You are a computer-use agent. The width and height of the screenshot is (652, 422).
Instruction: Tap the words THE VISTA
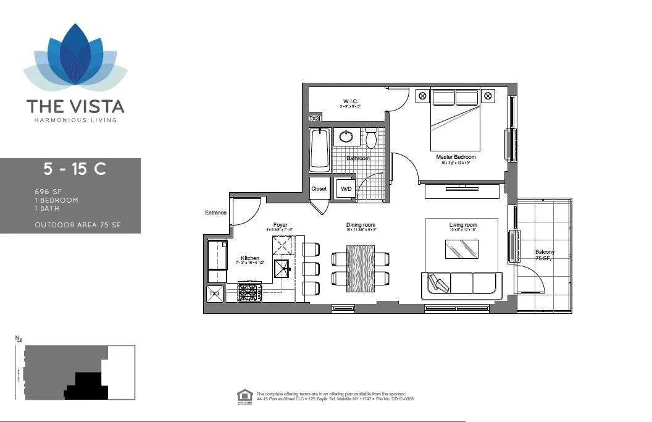75,106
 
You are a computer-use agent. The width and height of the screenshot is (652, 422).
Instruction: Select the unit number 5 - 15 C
75,169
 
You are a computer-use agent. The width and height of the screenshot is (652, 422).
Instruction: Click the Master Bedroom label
456,157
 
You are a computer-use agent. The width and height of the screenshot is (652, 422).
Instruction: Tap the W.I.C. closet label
351,101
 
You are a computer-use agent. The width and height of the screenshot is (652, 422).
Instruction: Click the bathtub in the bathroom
320,150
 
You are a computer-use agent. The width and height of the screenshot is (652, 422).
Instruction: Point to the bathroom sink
347,136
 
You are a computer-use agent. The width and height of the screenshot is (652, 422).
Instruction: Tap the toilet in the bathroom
371,138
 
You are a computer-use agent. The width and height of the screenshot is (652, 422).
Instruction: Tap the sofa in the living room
462,284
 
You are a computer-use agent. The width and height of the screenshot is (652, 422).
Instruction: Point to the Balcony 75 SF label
545,255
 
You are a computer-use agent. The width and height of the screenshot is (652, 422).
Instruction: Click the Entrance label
215,213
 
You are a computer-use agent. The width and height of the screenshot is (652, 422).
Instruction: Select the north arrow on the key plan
19,339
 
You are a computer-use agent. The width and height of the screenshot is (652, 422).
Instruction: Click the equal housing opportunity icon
244,397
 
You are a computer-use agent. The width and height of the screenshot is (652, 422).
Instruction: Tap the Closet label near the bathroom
319,188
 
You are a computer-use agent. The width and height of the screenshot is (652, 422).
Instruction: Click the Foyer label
280,225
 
